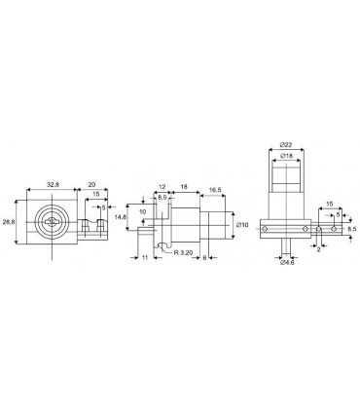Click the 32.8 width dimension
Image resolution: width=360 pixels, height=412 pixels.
53,184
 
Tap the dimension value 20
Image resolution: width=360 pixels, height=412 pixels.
91,184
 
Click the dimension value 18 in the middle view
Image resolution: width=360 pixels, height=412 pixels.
184,187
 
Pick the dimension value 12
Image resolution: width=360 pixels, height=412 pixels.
162,187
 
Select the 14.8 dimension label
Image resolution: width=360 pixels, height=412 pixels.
121,217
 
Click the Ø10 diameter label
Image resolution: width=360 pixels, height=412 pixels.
242,225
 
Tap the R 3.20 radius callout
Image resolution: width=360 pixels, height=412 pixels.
183,252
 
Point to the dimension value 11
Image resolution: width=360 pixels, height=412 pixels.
145,257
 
